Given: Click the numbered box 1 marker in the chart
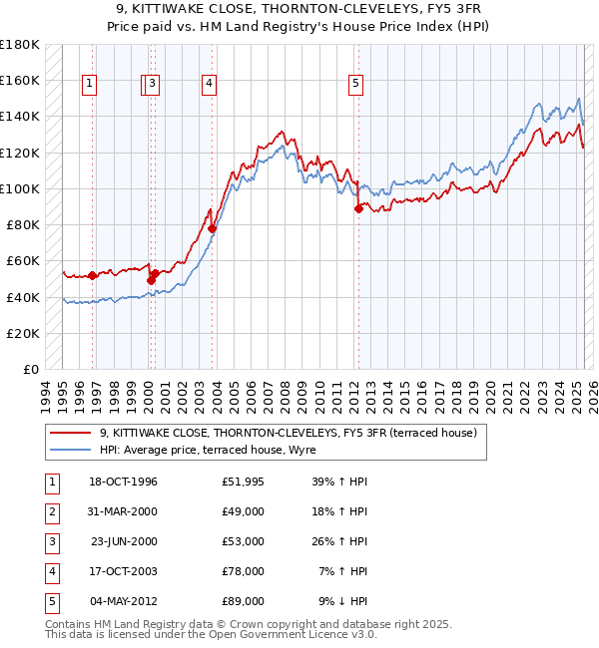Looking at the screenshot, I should pos(90,85).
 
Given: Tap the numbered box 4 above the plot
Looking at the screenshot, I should pos(209,85).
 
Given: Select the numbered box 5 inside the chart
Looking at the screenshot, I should pos(356,85).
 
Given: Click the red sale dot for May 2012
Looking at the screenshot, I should pos(357,208).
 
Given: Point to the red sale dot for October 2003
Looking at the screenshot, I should pos(212,228).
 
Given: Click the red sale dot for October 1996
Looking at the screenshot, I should pos(92,275).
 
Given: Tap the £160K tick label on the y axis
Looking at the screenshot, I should pos(20,80).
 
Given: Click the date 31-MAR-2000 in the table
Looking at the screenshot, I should pos(123,512).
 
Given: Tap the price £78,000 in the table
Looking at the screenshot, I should pos(244,572).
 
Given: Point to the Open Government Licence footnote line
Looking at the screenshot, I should pos(211,635).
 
